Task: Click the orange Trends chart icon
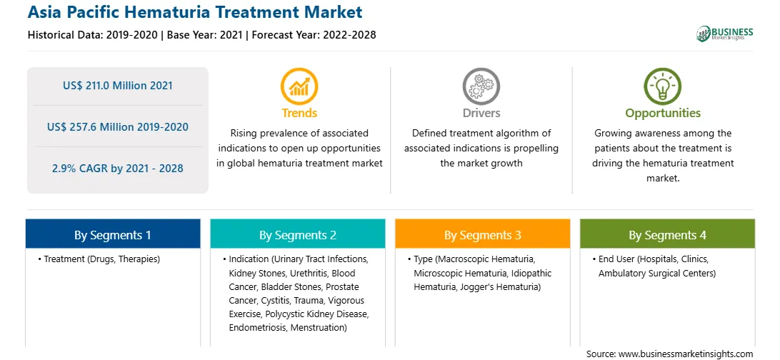coord(299,86)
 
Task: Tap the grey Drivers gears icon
coord(481,86)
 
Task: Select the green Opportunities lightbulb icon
coord(663,86)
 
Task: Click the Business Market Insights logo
coord(725,34)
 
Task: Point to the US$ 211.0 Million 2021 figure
coord(118,86)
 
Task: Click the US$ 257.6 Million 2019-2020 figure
coord(118,127)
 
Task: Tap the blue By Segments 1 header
coord(113,235)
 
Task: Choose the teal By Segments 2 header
coord(297,235)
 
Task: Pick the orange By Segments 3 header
coord(483,235)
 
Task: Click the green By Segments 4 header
coord(668,235)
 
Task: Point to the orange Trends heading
coord(299,114)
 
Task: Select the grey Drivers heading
coord(481,114)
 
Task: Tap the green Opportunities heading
coord(663,114)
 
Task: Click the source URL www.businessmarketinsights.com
coord(684,354)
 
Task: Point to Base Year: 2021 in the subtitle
coord(205,35)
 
